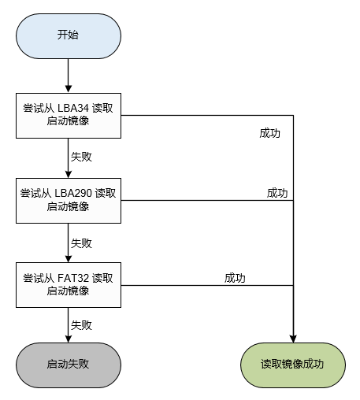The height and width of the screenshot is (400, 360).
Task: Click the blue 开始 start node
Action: (68, 35)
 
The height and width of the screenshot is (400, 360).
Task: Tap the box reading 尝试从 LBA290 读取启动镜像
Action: (68, 199)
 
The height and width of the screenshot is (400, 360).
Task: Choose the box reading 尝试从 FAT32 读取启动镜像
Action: (68, 284)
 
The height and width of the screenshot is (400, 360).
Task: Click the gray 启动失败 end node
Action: (68, 365)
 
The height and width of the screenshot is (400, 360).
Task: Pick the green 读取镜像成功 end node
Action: (292, 365)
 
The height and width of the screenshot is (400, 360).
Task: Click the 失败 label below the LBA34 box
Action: (81, 156)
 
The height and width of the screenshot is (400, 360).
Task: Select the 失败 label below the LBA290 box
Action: (81, 242)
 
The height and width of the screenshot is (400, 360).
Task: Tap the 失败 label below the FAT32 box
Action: (81, 324)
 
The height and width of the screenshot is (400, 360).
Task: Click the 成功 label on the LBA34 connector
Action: (269, 133)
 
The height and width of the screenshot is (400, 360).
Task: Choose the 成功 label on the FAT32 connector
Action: (235, 278)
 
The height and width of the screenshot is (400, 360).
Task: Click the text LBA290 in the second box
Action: (76, 193)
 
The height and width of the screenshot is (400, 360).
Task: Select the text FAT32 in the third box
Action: (73, 278)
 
